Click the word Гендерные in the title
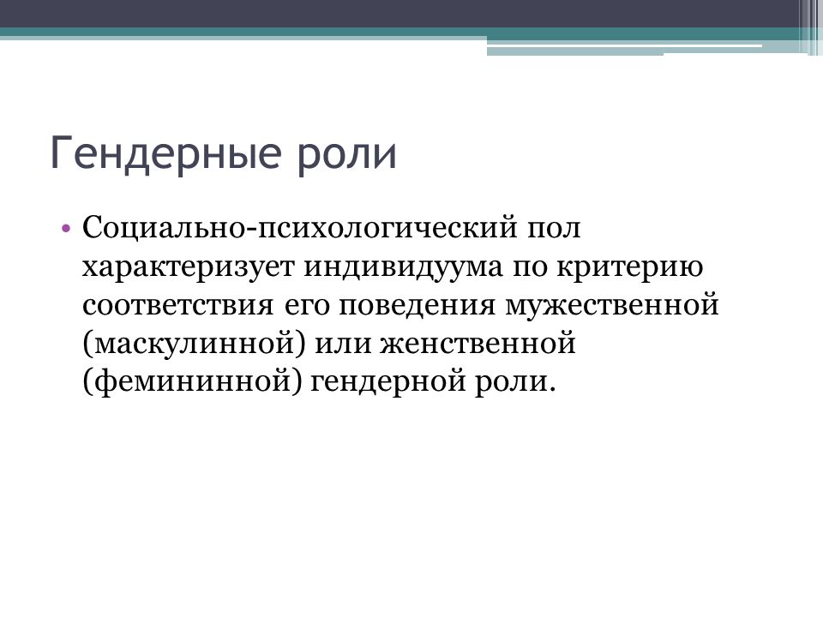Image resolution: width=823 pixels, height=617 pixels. tap(165, 153)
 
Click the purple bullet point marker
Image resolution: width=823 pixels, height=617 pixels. tap(66, 229)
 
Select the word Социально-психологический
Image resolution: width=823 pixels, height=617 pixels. tap(299, 228)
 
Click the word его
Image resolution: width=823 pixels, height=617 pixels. tap(306, 307)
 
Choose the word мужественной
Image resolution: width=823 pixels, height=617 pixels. tap(612, 305)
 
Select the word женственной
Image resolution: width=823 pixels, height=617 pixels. tap(478, 344)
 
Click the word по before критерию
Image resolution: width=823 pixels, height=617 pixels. tap(530, 268)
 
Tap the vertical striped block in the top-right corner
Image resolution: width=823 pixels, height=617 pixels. tap(810, 27)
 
